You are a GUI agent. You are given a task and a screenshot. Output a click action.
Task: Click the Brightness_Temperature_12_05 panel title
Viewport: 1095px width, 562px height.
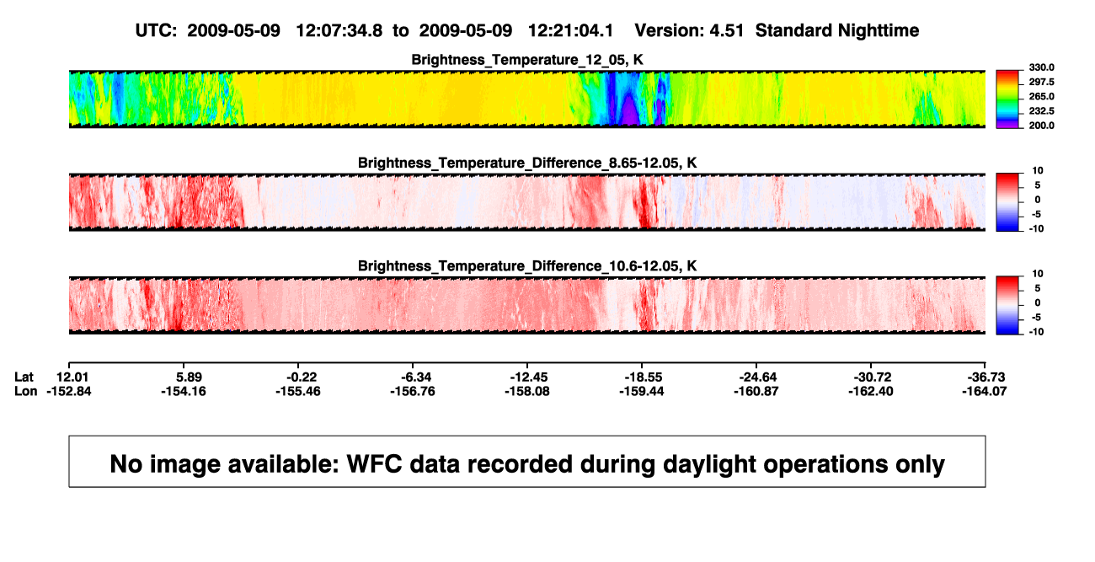click(x=527, y=60)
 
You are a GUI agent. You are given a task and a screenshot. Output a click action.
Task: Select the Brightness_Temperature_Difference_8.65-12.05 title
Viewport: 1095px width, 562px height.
click(x=527, y=163)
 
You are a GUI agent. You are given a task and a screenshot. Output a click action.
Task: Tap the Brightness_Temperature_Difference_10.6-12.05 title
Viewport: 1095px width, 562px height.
click(x=527, y=266)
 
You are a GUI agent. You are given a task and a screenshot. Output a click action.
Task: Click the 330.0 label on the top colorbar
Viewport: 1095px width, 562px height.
click(x=1041, y=67)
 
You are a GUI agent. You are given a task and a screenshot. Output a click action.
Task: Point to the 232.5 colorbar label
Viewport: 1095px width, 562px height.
click(x=1041, y=111)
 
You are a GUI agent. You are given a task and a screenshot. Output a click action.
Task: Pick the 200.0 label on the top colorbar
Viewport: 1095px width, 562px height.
click(x=1041, y=126)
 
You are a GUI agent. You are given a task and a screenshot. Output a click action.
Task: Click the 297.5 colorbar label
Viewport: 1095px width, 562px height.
click(x=1041, y=83)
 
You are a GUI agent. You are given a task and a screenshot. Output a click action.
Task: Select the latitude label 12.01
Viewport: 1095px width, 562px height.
click(x=72, y=377)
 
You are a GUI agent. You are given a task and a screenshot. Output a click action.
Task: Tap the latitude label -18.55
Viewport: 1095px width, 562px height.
click(x=643, y=377)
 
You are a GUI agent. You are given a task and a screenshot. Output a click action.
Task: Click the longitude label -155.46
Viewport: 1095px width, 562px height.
click(x=298, y=392)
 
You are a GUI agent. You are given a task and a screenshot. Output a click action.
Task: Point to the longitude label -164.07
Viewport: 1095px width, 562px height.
click(x=985, y=392)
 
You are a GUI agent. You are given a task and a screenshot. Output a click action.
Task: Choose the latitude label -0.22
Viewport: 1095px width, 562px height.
click(x=302, y=377)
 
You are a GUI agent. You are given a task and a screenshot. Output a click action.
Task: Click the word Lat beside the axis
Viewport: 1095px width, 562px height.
click(x=24, y=377)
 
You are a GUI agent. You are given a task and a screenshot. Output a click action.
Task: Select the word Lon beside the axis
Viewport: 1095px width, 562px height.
click(x=26, y=392)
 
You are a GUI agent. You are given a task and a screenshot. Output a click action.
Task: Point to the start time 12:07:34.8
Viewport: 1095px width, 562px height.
click(x=339, y=31)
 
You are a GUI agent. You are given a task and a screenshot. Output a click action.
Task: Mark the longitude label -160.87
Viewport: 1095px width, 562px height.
click(x=756, y=392)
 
